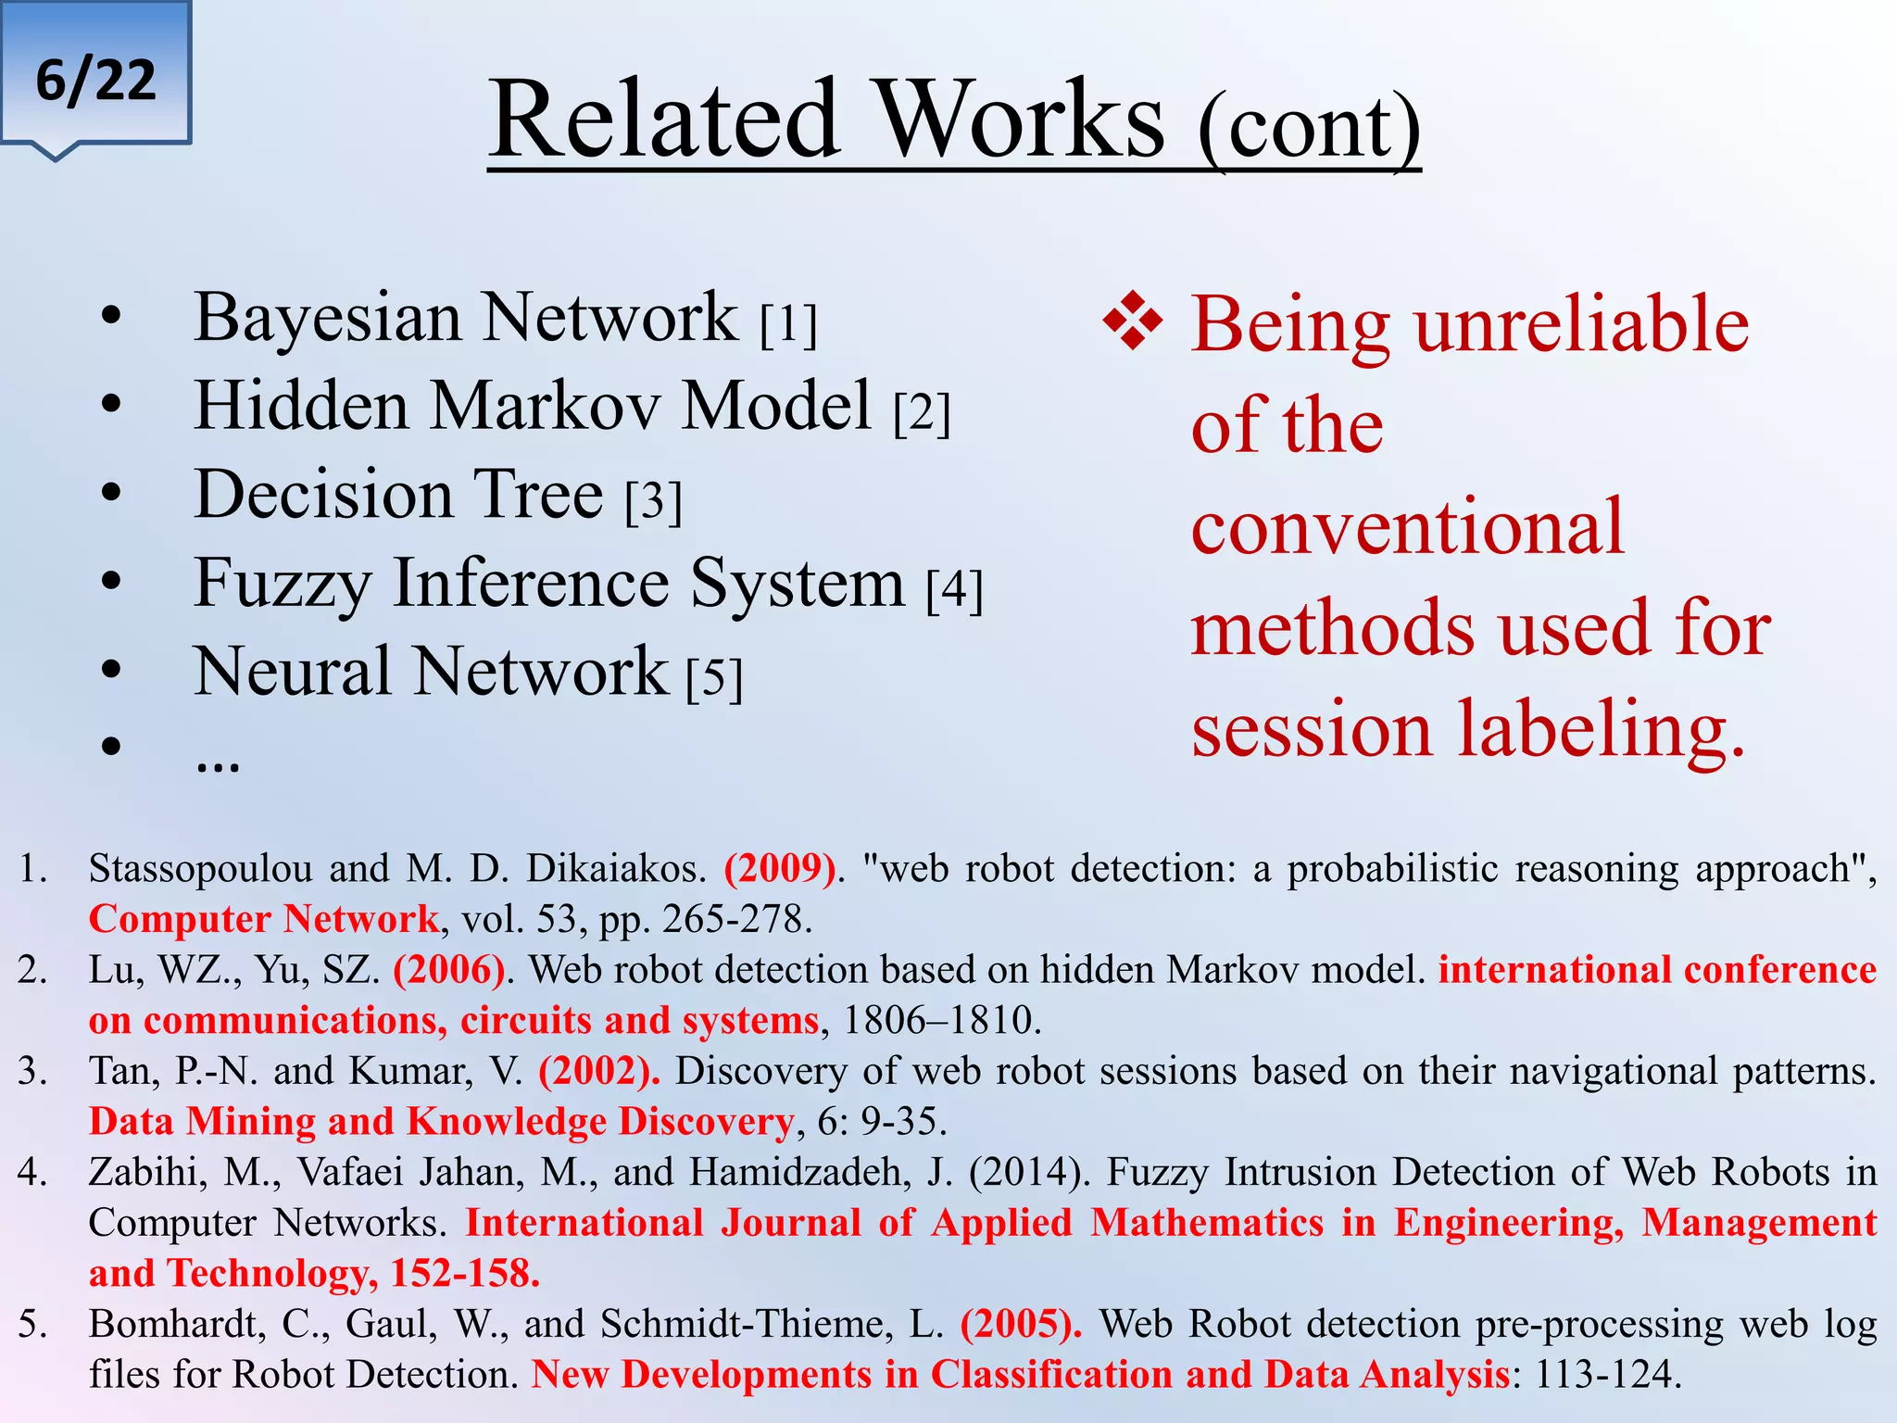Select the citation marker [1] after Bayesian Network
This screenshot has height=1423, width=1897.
[788, 324]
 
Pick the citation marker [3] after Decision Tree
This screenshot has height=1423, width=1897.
[653, 502]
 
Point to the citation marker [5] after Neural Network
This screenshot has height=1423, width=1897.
[714, 679]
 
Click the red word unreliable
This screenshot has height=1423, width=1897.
[1581, 324]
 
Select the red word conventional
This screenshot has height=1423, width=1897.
[1407, 526]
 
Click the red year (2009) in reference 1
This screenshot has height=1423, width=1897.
[780, 869]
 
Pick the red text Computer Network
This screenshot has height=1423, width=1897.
[263, 919]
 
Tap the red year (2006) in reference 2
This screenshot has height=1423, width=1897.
[449, 970]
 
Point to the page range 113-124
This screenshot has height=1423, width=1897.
[1607, 1375]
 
